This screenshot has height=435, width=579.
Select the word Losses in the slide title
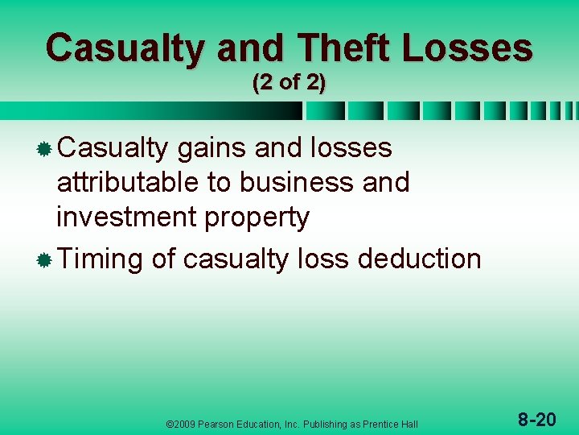tap(467, 48)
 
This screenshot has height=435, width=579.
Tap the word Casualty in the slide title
tap(125, 48)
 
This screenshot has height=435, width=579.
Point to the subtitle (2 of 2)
tap(289, 83)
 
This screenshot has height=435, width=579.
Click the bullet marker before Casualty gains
tap(45, 149)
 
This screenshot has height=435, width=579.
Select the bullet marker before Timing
tap(45, 260)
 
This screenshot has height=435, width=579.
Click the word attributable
tap(128, 183)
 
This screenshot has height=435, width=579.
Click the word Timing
tap(101, 259)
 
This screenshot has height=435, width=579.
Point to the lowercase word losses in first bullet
tap(352, 148)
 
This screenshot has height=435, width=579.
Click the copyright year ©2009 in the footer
tap(179, 424)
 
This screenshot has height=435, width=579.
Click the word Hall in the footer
tap(409, 424)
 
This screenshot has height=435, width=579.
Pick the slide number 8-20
tap(536, 419)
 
